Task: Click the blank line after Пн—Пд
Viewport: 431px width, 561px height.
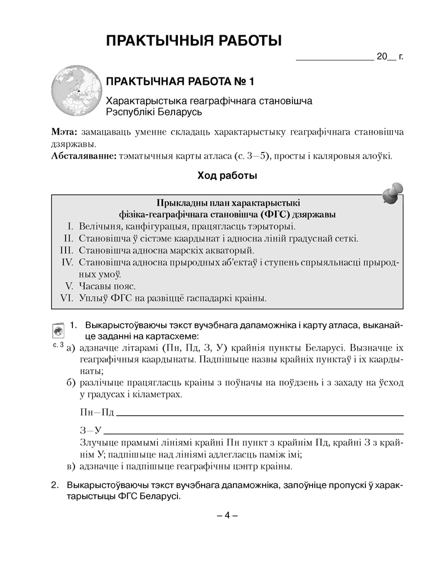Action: pos(260,415)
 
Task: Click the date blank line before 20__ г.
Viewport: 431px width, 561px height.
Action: pos(334,58)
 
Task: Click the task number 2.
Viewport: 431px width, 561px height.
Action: pos(54,484)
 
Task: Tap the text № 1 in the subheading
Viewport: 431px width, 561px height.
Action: pos(243,82)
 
